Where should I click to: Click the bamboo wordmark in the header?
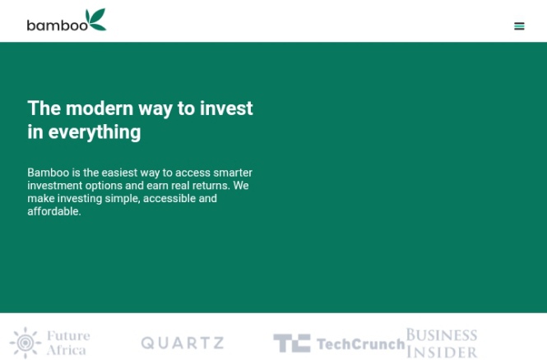(x=58, y=25)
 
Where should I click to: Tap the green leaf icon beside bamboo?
(x=96, y=19)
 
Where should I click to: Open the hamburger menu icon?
(x=519, y=26)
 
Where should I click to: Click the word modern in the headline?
(x=100, y=108)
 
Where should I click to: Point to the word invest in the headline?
(x=226, y=108)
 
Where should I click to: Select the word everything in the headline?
(x=95, y=132)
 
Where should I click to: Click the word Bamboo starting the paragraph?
(x=49, y=173)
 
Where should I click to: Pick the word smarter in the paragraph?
(x=233, y=173)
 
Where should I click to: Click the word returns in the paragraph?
(x=211, y=186)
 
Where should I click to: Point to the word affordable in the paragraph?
(x=54, y=211)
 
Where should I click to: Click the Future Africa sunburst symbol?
(x=25, y=343)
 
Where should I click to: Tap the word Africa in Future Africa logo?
(x=67, y=350)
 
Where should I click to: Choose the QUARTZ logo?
(x=183, y=343)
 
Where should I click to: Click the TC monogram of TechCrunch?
(x=292, y=343)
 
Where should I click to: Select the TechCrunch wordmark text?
(x=361, y=344)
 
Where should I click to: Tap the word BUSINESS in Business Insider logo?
(x=442, y=335)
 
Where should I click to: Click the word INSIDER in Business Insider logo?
(x=442, y=352)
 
